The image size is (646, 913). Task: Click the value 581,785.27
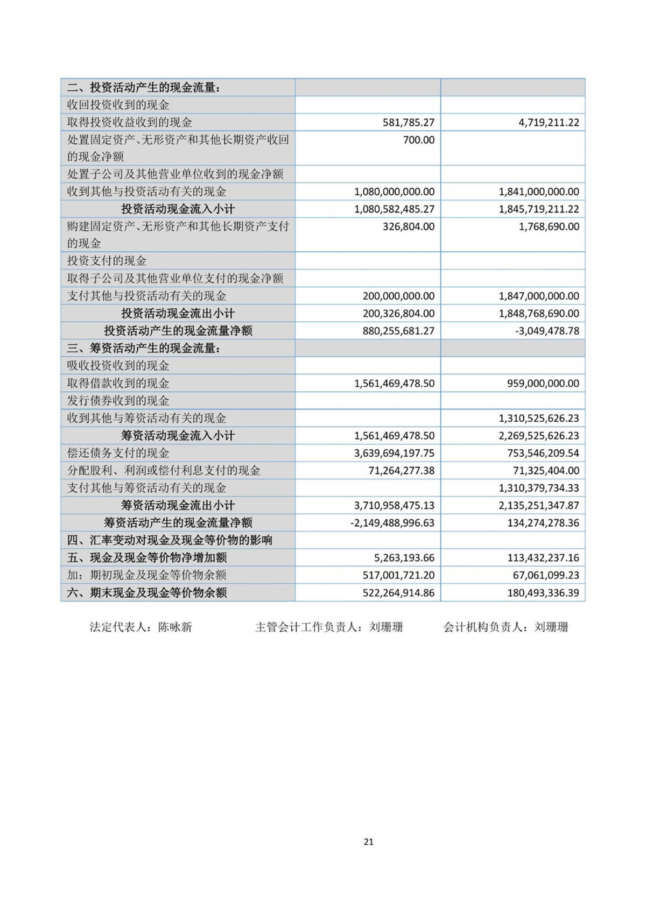point(408,122)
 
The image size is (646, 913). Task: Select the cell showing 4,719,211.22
point(549,122)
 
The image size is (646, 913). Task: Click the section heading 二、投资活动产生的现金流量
point(143,87)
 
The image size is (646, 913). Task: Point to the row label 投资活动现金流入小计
point(178,209)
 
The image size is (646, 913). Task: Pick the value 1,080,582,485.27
point(394,209)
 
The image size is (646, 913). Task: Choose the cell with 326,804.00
point(408,227)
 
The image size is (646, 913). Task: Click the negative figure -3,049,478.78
point(547,331)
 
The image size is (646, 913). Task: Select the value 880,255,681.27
point(398,331)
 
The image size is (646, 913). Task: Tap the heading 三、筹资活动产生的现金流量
point(143,348)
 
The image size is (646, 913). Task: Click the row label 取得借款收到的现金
point(118,383)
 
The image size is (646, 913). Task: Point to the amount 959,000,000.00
point(543,383)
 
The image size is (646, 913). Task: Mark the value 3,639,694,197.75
point(394,453)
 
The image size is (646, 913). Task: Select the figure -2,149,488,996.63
point(392,523)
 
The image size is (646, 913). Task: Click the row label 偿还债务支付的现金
point(118,453)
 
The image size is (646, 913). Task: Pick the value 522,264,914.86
point(398,592)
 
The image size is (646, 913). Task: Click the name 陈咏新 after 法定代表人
point(175,627)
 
